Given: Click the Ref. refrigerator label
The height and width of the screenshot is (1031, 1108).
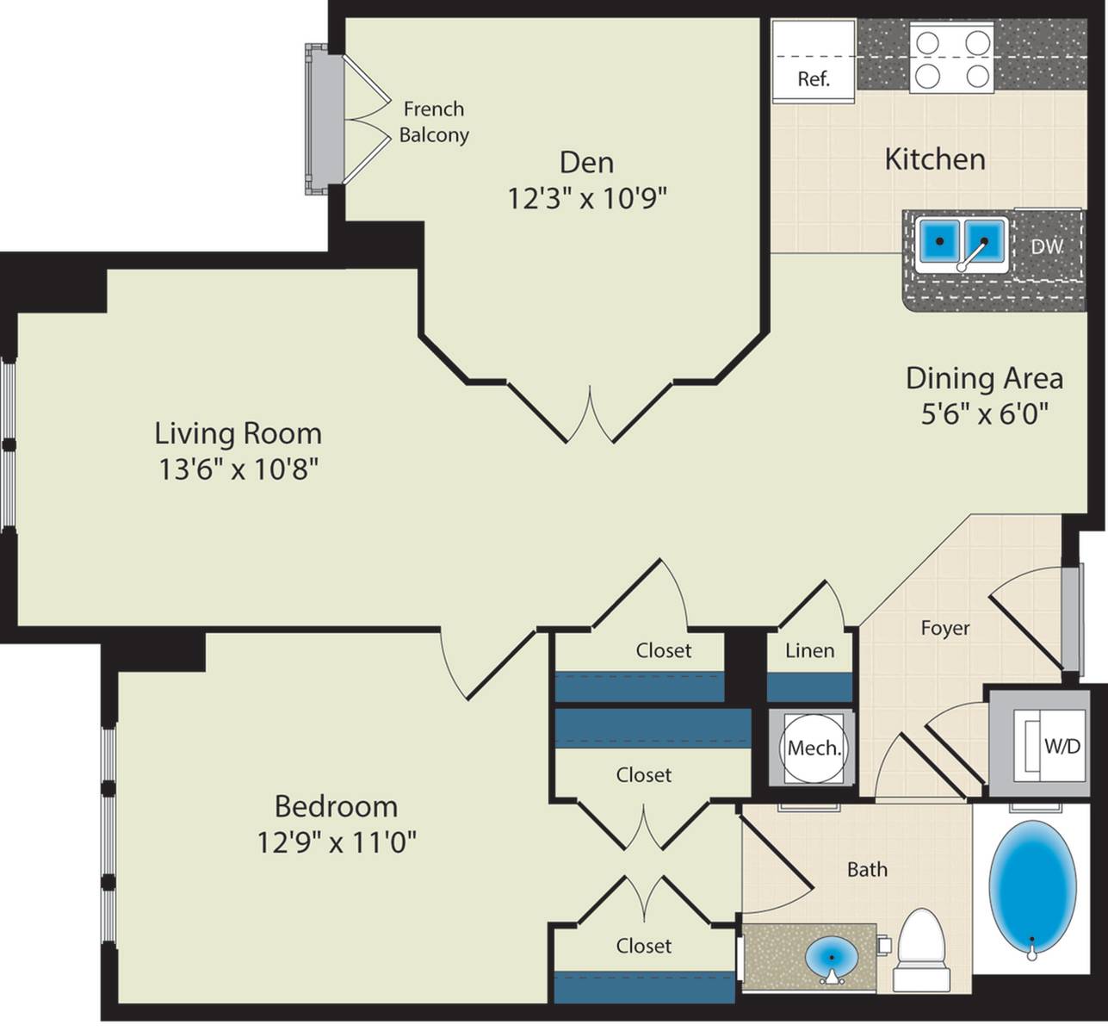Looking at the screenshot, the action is (x=814, y=78).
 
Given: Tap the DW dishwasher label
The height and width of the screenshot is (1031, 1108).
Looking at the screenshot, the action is (x=1047, y=246).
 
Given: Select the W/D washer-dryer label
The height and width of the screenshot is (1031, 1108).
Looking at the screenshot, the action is (x=1062, y=746).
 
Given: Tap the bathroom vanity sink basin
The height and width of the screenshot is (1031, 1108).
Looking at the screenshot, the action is (x=832, y=957).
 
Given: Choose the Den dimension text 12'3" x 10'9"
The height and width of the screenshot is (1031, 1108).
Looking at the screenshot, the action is (x=587, y=198).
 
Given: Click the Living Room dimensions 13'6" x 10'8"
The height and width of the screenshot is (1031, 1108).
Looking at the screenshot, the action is (x=238, y=469).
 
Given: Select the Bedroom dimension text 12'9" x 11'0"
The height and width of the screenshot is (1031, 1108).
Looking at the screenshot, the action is (x=337, y=842).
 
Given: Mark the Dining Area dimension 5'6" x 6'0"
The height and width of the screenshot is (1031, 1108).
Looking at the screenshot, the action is (x=985, y=414).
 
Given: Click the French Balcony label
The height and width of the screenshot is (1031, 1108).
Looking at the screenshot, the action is (x=434, y=121).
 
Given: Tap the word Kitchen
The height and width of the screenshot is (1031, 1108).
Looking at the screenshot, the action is (x=935, y=159).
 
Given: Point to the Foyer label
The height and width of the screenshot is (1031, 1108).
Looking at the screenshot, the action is (x=945, y=628).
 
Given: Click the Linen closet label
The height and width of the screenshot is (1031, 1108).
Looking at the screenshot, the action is (x=809, y=650).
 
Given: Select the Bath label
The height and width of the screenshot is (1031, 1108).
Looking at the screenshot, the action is (x=867, y=869).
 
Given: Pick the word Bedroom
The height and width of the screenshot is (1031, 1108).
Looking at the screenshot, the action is (x=337, y=806).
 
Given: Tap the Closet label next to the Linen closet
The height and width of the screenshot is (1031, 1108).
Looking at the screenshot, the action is (x=664, y=650).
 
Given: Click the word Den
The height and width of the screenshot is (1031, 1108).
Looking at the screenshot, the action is (x=586, y=163).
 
